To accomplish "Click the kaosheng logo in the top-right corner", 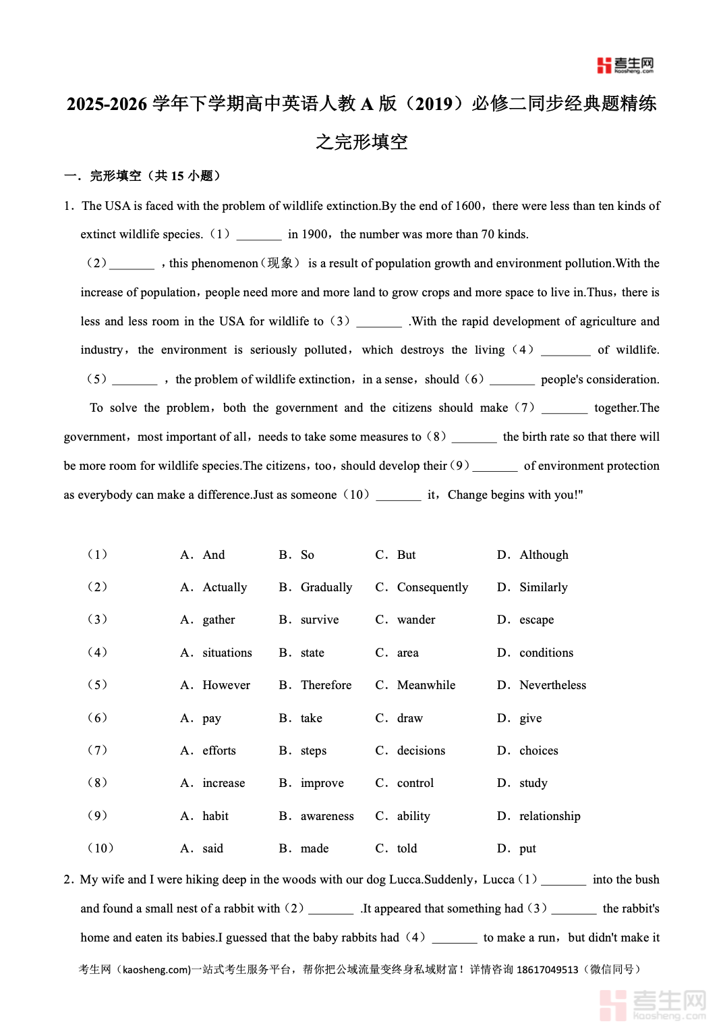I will click(625, 65).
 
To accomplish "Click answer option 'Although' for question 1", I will click(544, 555).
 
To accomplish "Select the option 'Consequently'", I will click(432, 587).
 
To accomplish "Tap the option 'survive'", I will click(320, 620).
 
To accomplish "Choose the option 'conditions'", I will click(546, 653).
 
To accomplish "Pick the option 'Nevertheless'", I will click(552, 685).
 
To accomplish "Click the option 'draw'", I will click(410, 718).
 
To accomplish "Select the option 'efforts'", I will click(219, 751).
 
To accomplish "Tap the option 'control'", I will click(415, 783).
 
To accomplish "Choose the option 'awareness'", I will click(327, 816).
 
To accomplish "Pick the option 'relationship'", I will click(550, 816).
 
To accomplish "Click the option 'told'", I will click(407, 848).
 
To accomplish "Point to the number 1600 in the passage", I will click(468, 206).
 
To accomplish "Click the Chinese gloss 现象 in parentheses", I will click(280, 263).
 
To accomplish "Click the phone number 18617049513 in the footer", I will click(547, 969).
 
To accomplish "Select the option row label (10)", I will click(100, 848).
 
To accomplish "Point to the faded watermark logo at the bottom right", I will click(652, 1004).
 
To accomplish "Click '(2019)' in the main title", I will click(434, 104).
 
